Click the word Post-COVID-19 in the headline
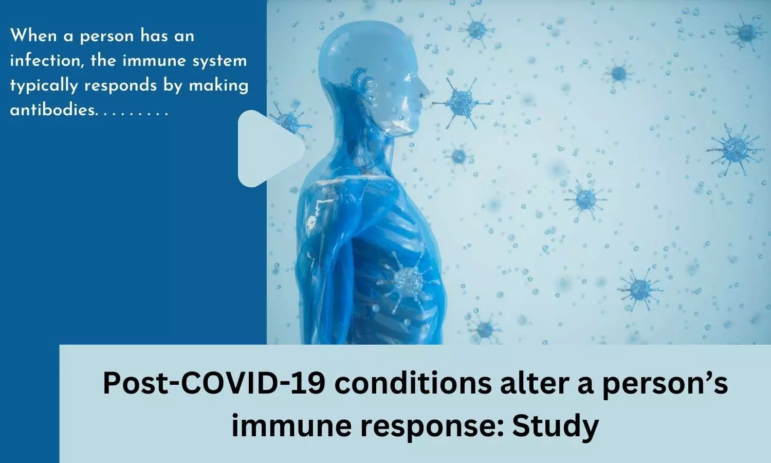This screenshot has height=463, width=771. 214,383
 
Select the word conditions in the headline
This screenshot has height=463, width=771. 413,383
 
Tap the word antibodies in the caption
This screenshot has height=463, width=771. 52,110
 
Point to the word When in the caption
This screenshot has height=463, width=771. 33,36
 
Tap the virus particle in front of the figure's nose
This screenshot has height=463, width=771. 462,102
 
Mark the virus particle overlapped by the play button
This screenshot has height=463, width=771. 290,119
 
